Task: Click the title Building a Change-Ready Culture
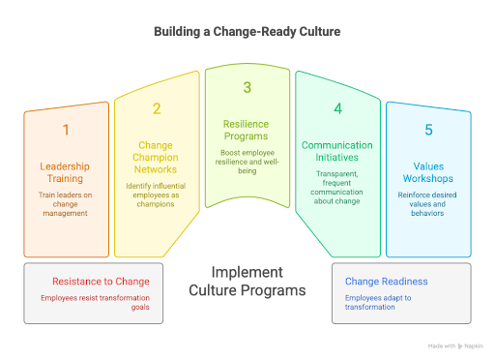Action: (247, 31)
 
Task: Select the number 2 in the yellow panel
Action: (157, 109)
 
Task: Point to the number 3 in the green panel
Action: (247, 88)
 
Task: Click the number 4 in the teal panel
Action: (337, 109)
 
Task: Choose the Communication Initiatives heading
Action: (337, 152)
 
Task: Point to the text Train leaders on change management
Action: (65, 206)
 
